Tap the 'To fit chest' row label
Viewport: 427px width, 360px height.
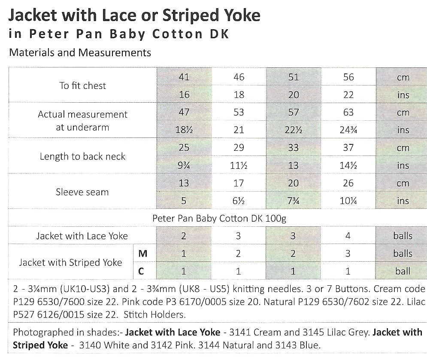82,85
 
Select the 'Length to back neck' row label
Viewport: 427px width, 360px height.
82,156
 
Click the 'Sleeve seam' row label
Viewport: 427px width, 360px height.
82,192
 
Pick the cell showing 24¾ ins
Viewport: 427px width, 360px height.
348,130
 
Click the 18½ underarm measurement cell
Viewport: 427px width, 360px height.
184,130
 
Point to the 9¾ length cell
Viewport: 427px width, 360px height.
184,166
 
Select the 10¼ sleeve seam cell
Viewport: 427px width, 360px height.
348,201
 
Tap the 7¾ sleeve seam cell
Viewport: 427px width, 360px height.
294,201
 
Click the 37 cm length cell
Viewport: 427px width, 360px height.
348,148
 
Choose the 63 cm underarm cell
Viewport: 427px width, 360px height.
348,113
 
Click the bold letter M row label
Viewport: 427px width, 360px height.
143,254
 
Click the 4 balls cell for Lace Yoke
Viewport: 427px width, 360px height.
348,236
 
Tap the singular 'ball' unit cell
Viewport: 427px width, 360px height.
403,272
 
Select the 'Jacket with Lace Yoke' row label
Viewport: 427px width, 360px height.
82,236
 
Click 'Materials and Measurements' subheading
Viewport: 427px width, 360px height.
80,52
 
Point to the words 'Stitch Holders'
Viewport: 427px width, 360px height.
154,314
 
